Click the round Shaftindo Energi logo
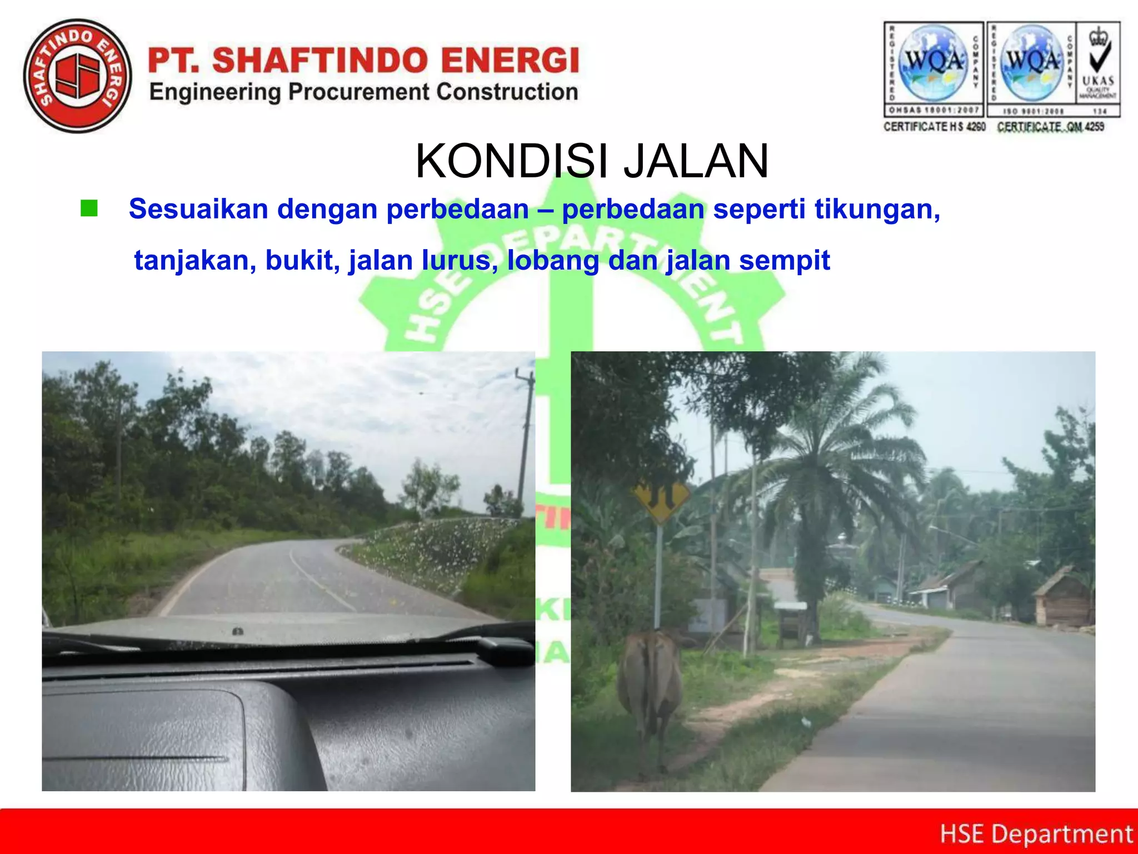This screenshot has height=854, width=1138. tap(78, 76)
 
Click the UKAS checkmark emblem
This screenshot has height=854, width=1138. tap(1098, 61)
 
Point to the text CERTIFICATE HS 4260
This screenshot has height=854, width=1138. tap(934, 127)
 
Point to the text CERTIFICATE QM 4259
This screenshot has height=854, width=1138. tap(1050, 127)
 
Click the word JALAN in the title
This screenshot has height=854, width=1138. tap(696, 161)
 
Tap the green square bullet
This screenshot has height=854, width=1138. tap(89, 208)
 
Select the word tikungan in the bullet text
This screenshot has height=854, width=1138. tap(877, 209)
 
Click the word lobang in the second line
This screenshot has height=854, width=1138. tap(553, 260)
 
